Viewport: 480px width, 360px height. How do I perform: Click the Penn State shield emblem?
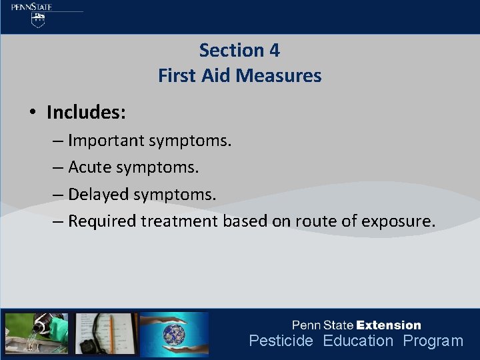click(39, 21)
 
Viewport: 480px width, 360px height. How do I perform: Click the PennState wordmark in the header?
click(31, 7)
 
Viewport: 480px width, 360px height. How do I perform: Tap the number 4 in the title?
click(274, 50)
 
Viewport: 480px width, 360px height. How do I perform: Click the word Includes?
click(86, 112)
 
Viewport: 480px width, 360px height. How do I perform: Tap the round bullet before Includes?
click(32, 113)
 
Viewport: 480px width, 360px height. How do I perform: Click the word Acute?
click(90, 167)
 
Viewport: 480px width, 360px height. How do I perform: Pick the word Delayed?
click(99, 194)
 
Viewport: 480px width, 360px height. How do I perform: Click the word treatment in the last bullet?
click(179, 221)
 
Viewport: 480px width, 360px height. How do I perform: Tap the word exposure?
click(398, 221)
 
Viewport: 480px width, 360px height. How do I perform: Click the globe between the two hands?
click(174, 333)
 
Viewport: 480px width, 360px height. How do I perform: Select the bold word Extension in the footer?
click(389, 325)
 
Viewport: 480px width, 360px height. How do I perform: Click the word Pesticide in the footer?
click(281, 341)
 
